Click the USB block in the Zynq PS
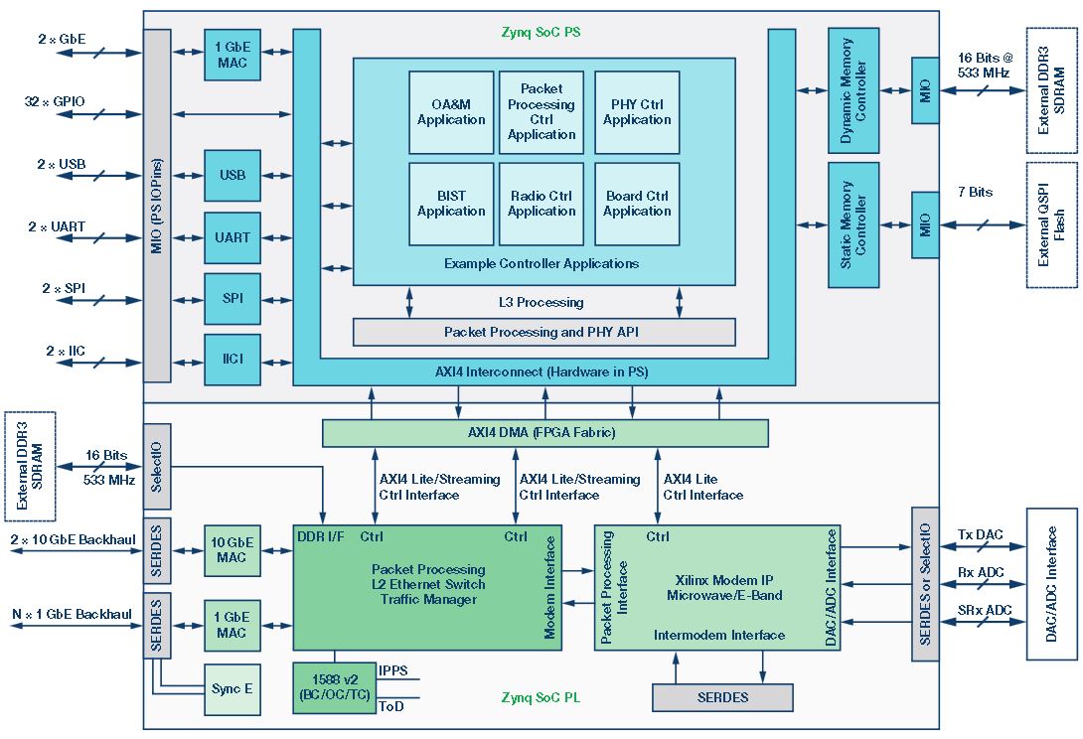232,176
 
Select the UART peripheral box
232,237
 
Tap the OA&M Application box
451,112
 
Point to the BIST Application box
451,204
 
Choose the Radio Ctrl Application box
541,204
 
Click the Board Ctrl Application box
637,204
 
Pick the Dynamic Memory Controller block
852,90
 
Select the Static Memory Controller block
852,225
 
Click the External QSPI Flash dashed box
1051,225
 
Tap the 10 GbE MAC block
232,550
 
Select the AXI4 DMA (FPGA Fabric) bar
544,433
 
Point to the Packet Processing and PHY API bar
543,332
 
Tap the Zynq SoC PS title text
541,32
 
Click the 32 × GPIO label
56,101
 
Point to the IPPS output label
393,670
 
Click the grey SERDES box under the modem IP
722,697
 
